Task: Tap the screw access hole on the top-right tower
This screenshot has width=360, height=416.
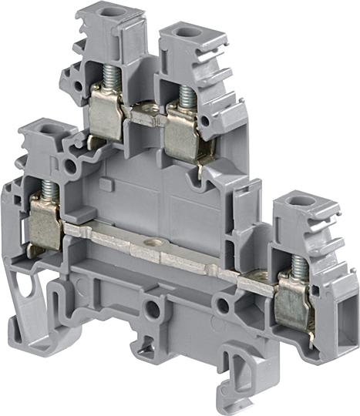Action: tap(186, 32)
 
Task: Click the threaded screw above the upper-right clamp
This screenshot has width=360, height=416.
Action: tap(185, 96)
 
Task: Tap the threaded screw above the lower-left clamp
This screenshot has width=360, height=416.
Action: tap(48, 190)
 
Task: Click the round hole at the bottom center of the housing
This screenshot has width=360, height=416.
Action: tap(154, 308)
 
